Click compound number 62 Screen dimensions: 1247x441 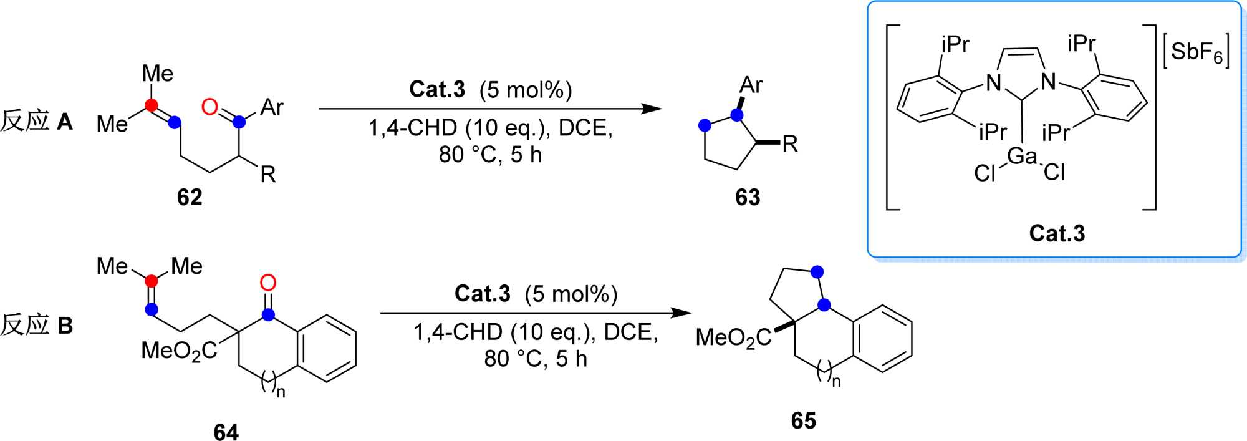(190, 198)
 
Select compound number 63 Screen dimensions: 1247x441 (748, 198)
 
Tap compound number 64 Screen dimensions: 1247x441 (226, 432)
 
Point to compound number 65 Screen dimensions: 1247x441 (803, 421)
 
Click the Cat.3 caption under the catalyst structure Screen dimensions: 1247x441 (1057, 233)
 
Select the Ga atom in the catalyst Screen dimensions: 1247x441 (1022, 156)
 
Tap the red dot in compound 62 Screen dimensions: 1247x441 (151, 105)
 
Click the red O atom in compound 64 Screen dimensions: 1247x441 (268, 283)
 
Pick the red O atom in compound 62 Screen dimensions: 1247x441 (210, 107)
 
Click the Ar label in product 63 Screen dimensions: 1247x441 (751, 85)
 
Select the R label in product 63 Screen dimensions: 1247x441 (789, 145)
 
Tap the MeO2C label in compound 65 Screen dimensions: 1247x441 (733, 338)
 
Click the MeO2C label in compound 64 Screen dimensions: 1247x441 (179, 351)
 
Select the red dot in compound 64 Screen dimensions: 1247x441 (152, 281)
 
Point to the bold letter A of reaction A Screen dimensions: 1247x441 (65, 121)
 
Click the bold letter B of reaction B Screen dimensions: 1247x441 (65, 326)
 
